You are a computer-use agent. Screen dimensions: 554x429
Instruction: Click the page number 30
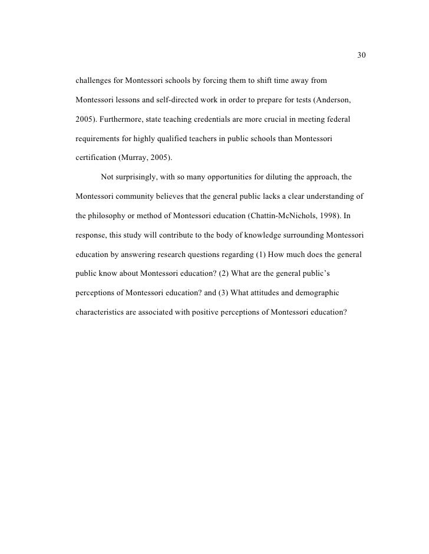coord(362,56)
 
